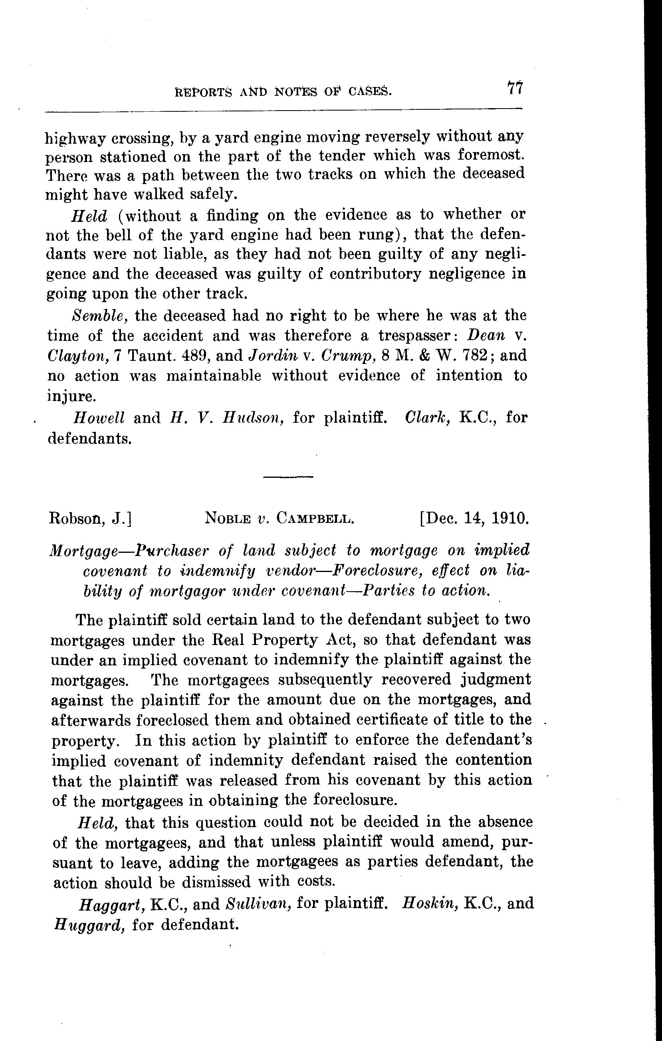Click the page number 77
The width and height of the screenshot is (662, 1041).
click(x=515, y=89)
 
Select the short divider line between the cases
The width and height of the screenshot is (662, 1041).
click(x=288, y=477)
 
